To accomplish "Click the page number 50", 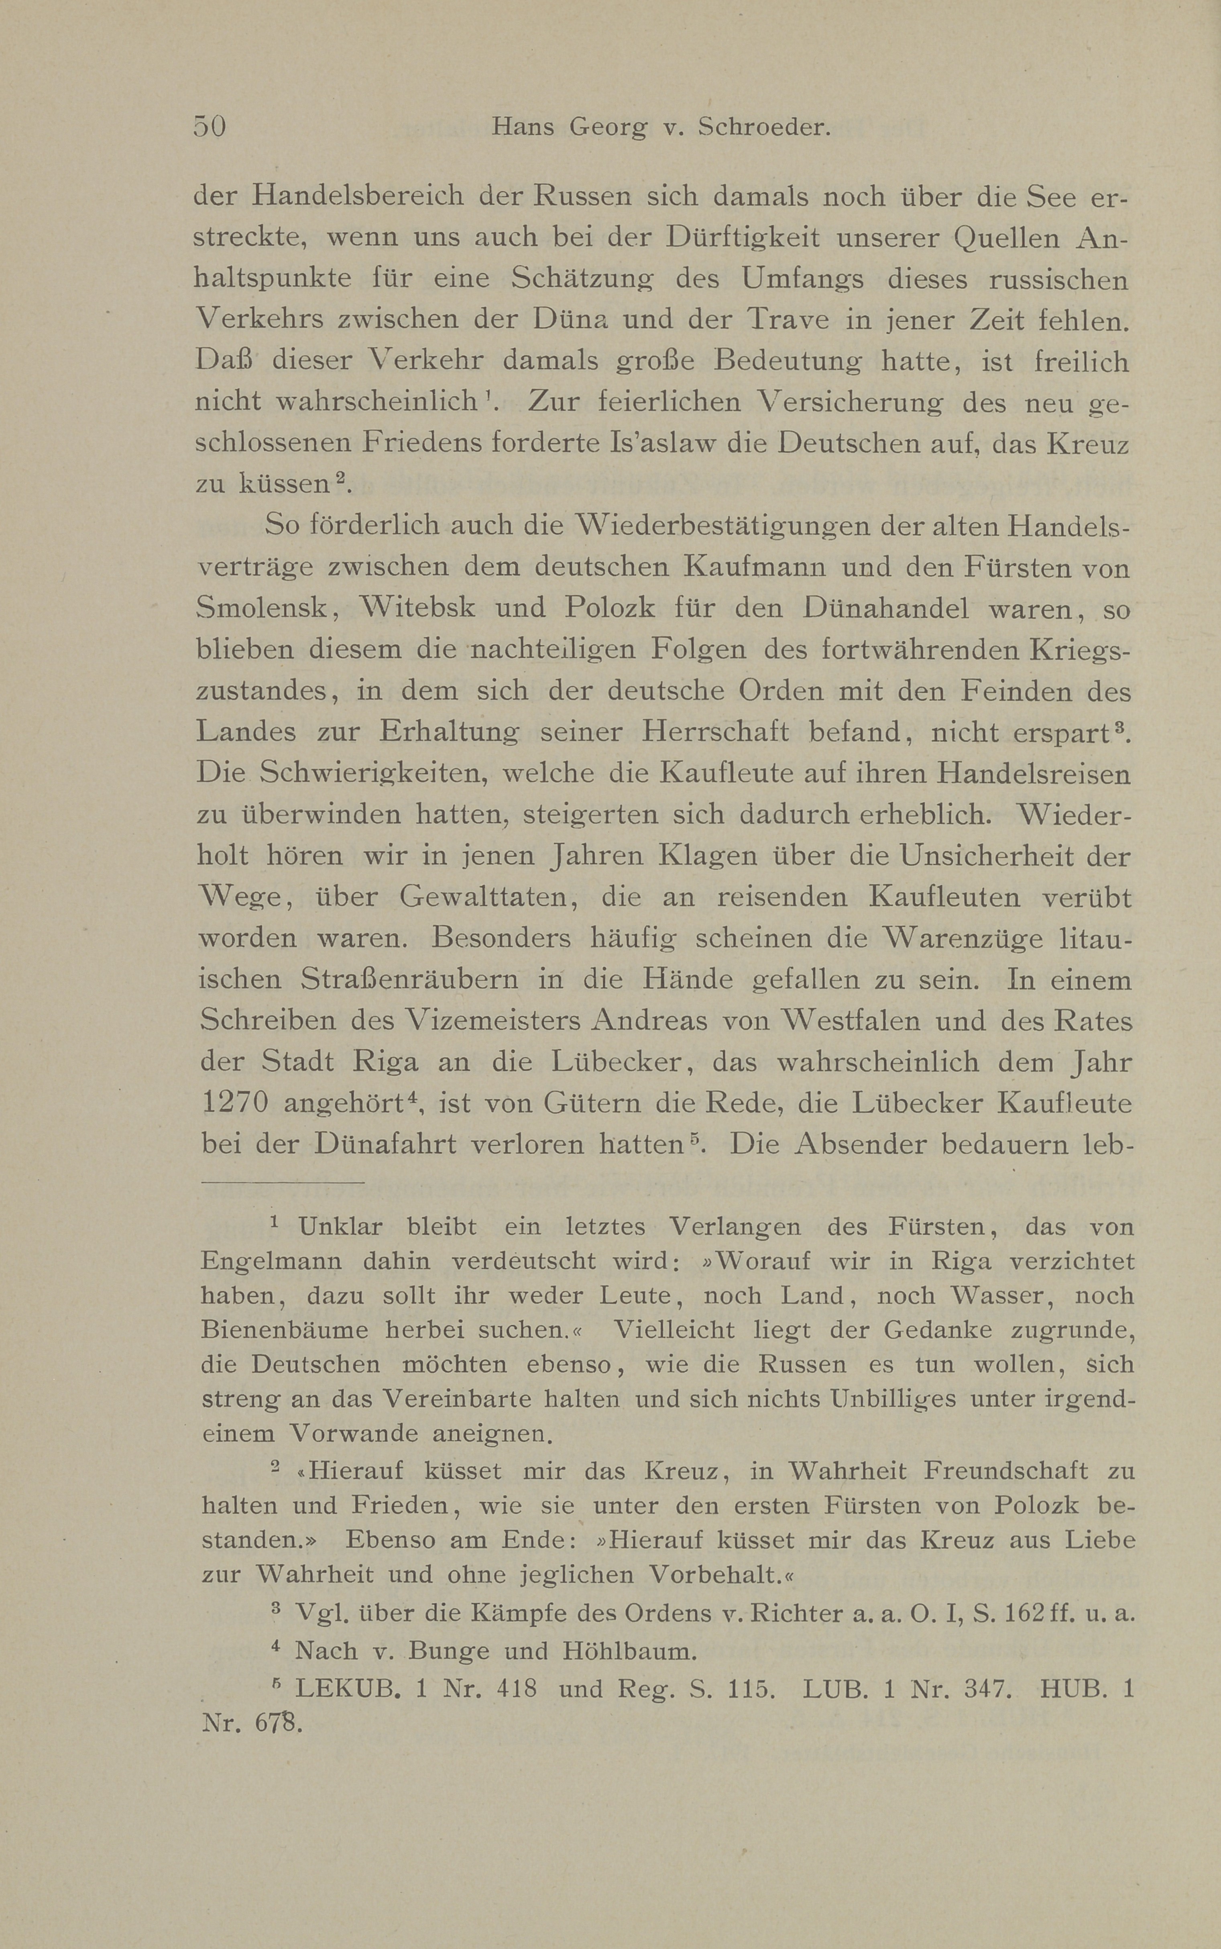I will point(209,127).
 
